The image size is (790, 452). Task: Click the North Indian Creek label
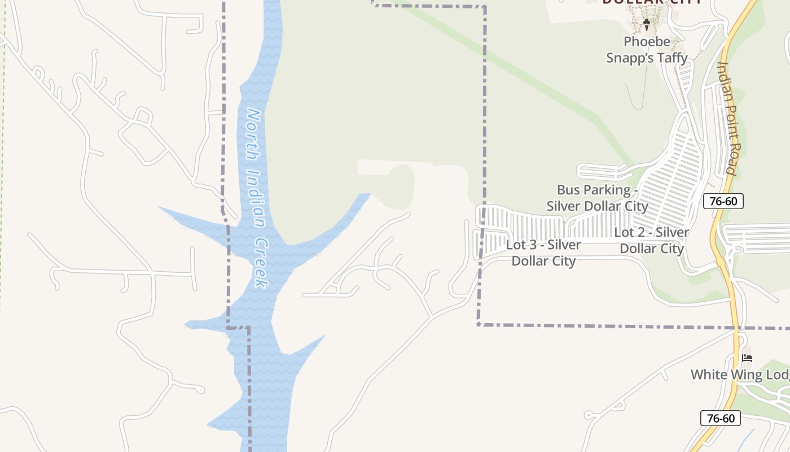257,198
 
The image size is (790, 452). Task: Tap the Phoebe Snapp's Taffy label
647,50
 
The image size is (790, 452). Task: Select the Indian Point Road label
727,118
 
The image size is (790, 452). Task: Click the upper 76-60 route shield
723,201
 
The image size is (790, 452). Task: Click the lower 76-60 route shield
720,418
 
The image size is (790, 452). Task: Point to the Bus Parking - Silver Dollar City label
598,198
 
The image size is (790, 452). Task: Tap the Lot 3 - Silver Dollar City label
543,253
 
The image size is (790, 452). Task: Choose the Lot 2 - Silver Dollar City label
652,240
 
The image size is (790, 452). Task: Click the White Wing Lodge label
740,375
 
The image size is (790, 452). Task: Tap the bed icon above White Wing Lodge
748,358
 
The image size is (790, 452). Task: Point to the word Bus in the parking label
568,190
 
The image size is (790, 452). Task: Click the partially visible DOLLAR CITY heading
652,2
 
